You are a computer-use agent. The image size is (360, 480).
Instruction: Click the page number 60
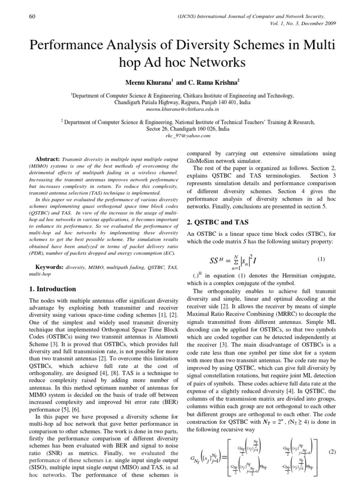(x=32, y=17)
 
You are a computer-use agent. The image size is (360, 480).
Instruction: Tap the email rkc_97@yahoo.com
(x=180, y=135)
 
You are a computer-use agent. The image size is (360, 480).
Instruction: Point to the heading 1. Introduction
(x=52, y=289)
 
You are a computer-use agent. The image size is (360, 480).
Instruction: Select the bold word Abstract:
(x=48, y=159)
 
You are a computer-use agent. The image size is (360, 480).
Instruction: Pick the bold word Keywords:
(x=50, y=267)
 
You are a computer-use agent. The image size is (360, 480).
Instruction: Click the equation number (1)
(x=321, y=259)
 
